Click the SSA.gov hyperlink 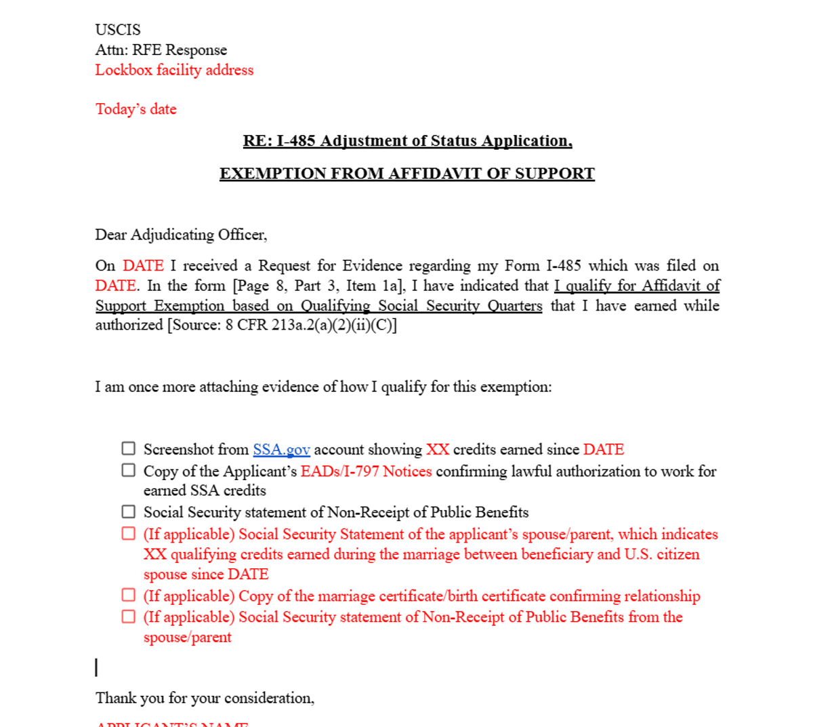(281, 450)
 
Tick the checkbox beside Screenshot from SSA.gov (129, 448)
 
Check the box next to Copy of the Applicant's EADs (129, 470)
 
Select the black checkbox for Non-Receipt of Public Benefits (129, 511)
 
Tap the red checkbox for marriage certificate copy (129, 595)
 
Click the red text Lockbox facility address (174, 70)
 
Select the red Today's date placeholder (135, 109)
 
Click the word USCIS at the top (118, 30)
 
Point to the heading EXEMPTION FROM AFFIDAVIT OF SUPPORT (406, 174)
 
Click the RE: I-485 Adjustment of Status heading (407, 141)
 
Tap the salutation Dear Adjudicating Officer (181, 235)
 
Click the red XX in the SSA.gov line (438, 450)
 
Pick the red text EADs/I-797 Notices (366, 471)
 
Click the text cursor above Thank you (96, 667)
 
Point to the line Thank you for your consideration (205, 698)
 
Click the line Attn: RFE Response (161, 50)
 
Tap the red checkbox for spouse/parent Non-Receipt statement (129, 616)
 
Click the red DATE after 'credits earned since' (604, 450)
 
